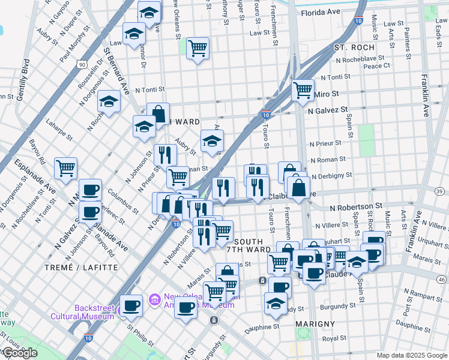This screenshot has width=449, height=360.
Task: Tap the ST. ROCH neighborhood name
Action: pos(354,47)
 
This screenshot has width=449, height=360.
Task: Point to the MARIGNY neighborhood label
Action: pos(315,324)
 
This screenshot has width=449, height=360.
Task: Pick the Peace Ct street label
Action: pos(377,65)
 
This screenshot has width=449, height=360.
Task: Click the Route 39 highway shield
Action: pos(440,191)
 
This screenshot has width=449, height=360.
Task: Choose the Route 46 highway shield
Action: pos(441,279)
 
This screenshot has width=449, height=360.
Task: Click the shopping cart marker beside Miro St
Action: pos(303,90)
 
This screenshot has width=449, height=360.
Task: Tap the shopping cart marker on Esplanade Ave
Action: pos(65,168)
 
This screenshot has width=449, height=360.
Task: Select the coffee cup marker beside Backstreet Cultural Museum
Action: pos(131,305)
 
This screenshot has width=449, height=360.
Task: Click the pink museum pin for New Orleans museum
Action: pos(154,298)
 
